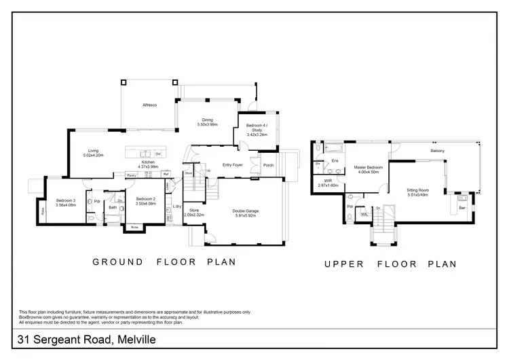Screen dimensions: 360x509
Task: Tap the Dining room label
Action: (x=207, y=122)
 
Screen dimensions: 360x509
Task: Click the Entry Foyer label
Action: (x=233, y=165)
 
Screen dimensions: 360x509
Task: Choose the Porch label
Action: (x=268, y=165)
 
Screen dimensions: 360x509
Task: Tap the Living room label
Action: (x=93, y=153)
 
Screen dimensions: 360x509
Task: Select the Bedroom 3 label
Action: (x=66, y=201)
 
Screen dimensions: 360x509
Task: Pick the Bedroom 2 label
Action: (x=146, y=201)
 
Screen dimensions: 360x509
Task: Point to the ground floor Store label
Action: (x=193, y=211)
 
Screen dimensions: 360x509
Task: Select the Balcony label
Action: (x=438, y=150)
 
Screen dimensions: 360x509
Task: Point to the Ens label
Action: (x=335, y=161)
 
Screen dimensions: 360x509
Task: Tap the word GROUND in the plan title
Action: (x=118, y=262)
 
